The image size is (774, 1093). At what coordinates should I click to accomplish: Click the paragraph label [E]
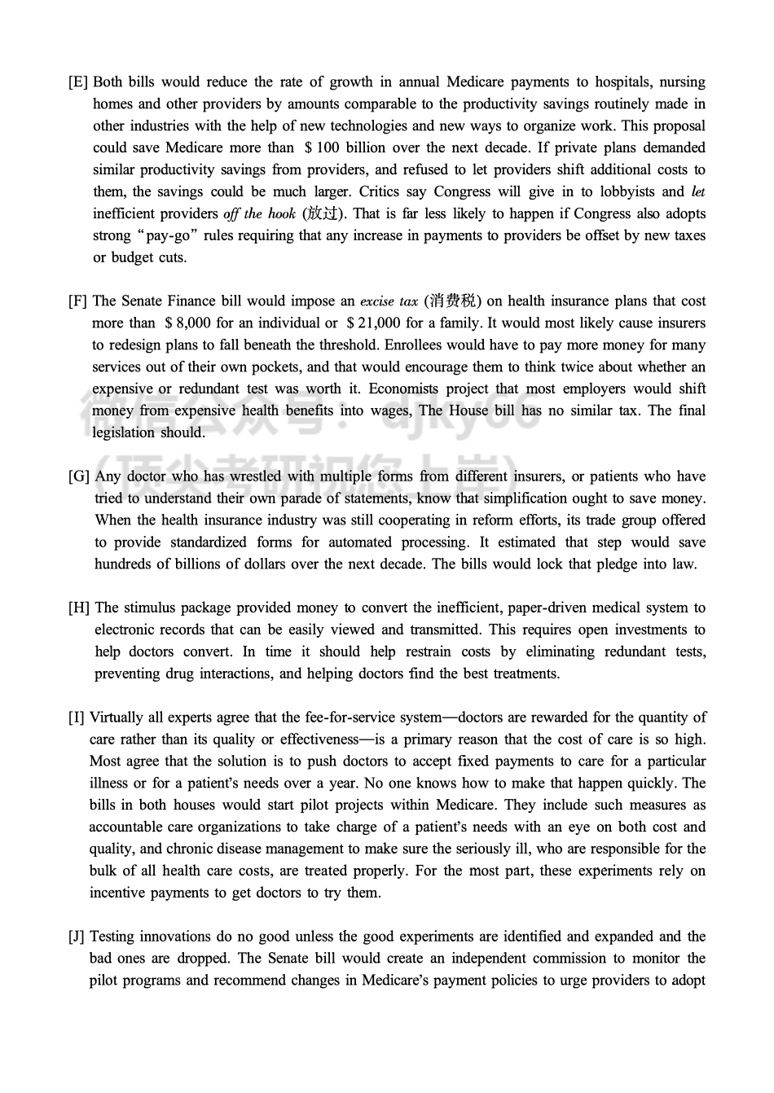point(78,82)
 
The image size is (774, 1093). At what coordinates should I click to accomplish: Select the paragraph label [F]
point(78,301)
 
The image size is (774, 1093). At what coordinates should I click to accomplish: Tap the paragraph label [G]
point(79,476)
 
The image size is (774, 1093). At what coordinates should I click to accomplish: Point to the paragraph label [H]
point(79,608)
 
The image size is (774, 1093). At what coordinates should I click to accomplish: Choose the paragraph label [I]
point(77,718)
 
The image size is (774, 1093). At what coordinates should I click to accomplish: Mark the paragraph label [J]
point(77,937)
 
